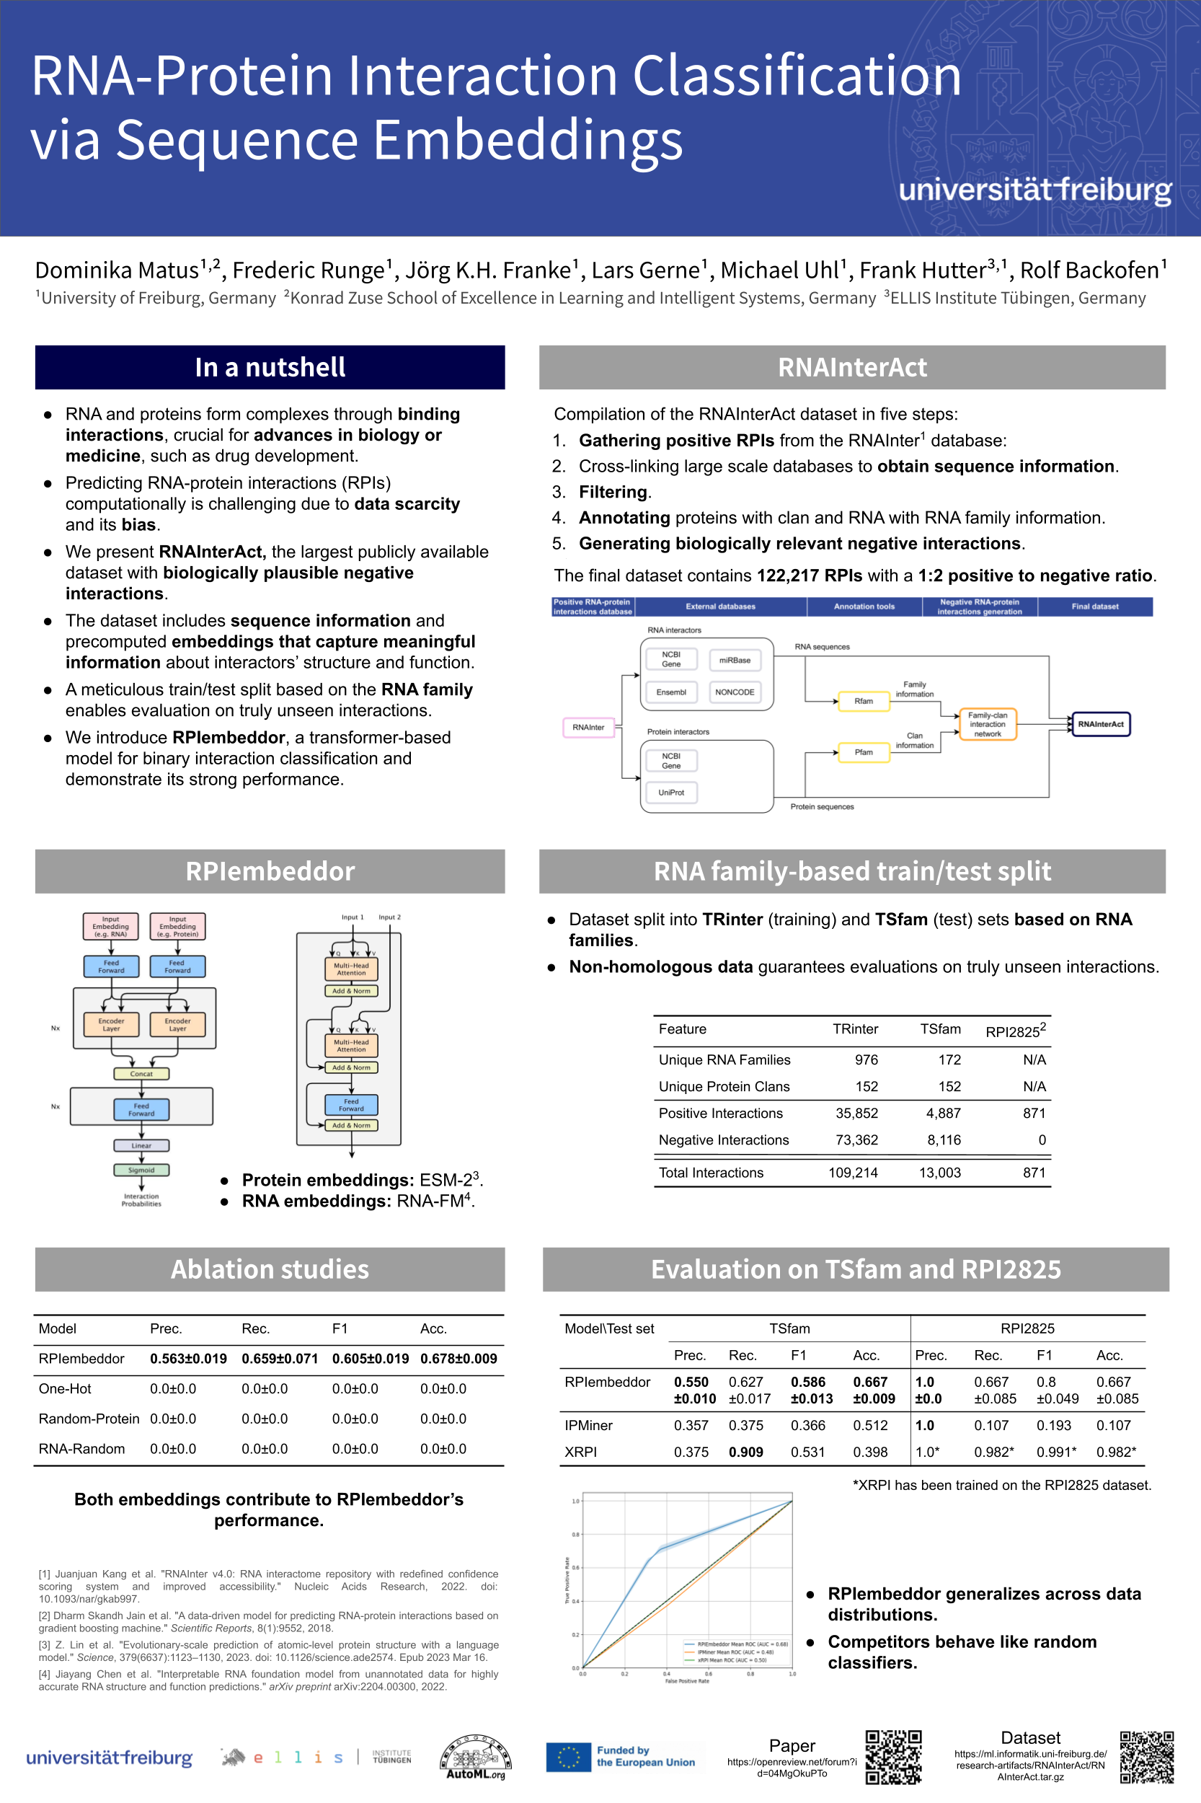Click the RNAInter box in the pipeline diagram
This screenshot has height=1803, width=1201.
[588, 727]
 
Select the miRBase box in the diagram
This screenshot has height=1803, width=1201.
[735, 660]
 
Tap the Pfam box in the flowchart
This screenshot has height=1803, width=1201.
[863, 752]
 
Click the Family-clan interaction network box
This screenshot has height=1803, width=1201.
[988, 724]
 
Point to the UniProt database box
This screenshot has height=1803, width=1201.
[671, 793]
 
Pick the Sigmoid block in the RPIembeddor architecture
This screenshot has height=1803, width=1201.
[141, 1170]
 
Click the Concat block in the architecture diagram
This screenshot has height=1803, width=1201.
[141, 1074]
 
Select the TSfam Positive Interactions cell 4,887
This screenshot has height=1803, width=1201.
[943, 1113]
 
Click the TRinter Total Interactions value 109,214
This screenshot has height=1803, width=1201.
[853, 1173]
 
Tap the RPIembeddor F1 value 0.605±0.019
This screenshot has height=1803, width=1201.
[370, 1359]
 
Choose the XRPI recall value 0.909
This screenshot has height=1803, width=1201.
[745, 1452]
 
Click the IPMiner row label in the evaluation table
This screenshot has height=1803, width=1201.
[588, 1425]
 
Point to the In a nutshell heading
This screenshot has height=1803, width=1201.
[270, 367]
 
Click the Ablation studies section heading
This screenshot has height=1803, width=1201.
[270, 1269]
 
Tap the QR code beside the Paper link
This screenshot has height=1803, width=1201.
[893, 1757]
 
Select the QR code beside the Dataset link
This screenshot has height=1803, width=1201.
[1147, 1757]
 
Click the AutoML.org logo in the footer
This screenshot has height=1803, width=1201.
[475, 1757]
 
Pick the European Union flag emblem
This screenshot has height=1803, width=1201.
[568, 1757]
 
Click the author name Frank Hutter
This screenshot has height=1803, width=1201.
[922, 270]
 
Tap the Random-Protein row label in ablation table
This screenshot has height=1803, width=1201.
[89, 1419]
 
